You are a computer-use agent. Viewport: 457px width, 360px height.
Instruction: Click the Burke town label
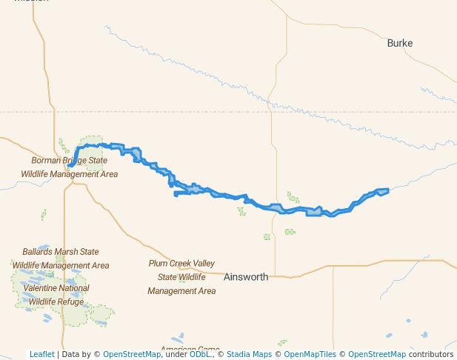[x=400, y=43]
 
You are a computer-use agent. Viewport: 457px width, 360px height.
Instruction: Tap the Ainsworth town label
[x=246, y=277]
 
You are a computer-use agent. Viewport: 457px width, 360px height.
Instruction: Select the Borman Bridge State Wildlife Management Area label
[x=69, y=167]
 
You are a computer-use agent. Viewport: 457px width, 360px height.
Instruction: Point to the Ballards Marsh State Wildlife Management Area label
[x=61, y=259]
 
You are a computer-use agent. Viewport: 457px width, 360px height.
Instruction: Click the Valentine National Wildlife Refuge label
[x=56, y=295]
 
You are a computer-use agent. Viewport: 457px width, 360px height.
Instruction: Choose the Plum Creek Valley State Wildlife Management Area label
[x=181, y=277]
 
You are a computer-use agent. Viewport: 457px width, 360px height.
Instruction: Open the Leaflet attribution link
[x=41, y=354]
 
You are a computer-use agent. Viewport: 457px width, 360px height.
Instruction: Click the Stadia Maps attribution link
[x=249, y=354]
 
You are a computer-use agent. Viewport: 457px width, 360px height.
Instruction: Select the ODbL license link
[x=199, y=354]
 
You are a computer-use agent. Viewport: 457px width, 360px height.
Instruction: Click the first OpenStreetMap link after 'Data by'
[x=132, y=354]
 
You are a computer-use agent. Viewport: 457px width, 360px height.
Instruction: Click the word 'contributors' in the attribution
[x=430, y=354]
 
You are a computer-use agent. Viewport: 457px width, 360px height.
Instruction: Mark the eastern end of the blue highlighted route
[x=387, y=191]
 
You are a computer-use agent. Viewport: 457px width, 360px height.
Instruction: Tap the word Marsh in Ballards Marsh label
[x=70, y=252]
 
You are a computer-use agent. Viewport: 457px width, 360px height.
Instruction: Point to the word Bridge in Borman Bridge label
[x=77, y=160]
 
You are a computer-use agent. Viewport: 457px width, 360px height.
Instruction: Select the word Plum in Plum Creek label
[x=159, y=264]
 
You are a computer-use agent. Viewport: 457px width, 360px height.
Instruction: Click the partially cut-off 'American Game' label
[x=190, y=350]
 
